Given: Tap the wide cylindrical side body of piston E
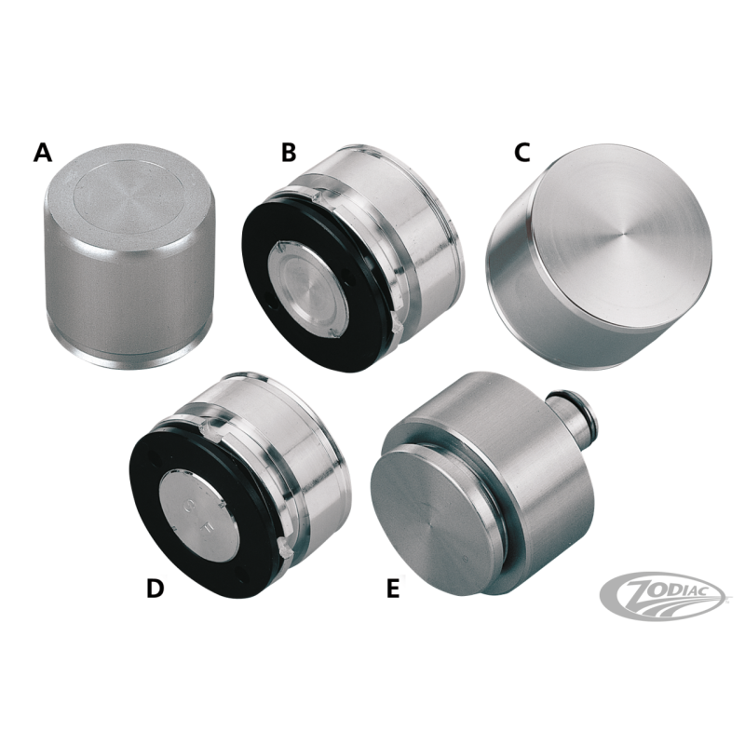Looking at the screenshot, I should [x=531, y=494].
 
